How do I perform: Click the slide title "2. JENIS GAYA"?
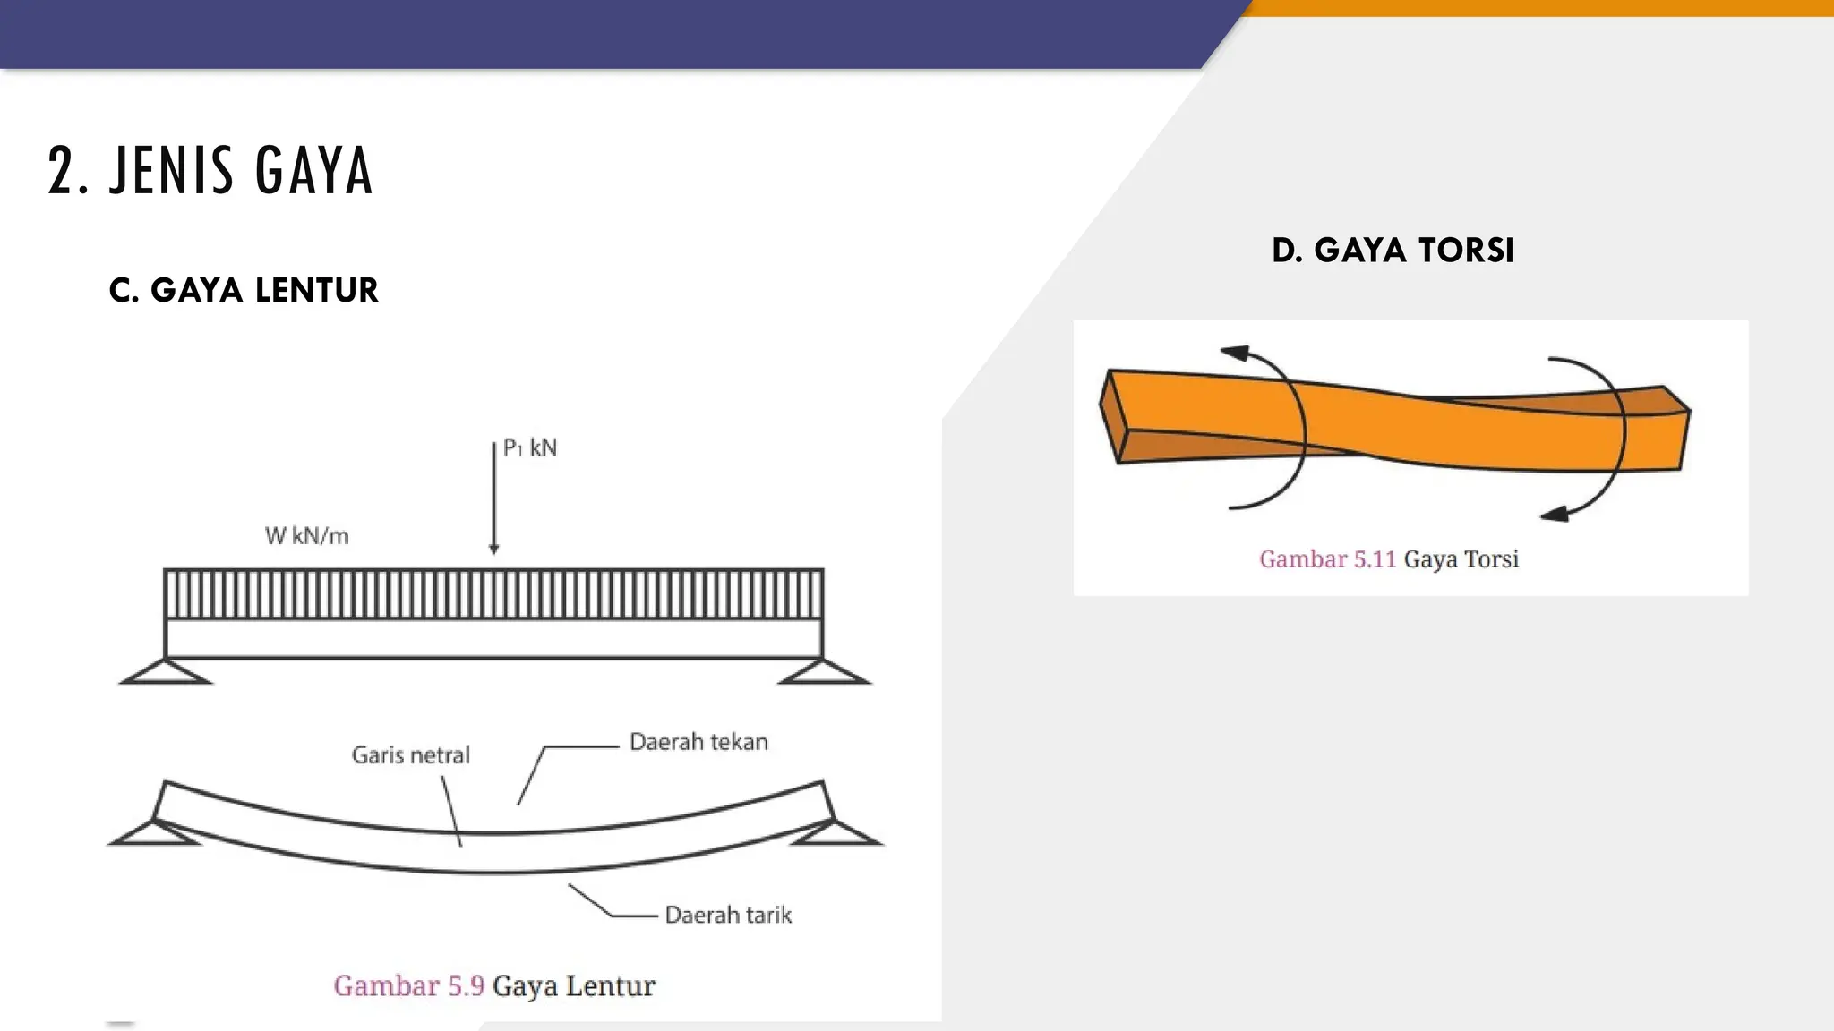[x=210, y=170]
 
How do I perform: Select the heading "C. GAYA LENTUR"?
[x=244, y=290]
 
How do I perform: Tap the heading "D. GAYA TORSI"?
[x=1393, y=250]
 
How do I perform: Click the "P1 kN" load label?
[x=530, y=447]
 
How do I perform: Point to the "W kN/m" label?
[x=306, y=536]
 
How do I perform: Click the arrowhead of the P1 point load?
[x=493, y=548]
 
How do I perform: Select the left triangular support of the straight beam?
[x=166, y=671]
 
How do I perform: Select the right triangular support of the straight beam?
[x=824, y=671]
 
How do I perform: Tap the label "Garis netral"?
[x=410, y=755]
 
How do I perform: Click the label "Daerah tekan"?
[x=698, y=742]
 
